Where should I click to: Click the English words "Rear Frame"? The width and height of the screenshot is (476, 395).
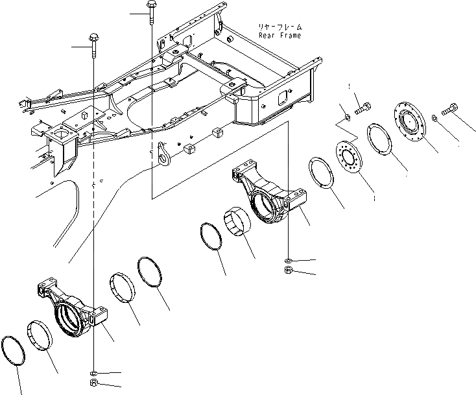click(280, 36)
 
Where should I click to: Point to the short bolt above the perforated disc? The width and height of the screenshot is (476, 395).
click(363, 105)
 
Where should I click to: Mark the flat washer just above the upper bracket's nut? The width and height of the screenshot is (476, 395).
click(287, 261)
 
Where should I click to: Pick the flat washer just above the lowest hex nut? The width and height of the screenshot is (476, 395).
click(94, 374)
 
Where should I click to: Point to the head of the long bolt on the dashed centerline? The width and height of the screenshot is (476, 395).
click(94, 36)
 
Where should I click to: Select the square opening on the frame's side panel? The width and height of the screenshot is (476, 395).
click(283, 99)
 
